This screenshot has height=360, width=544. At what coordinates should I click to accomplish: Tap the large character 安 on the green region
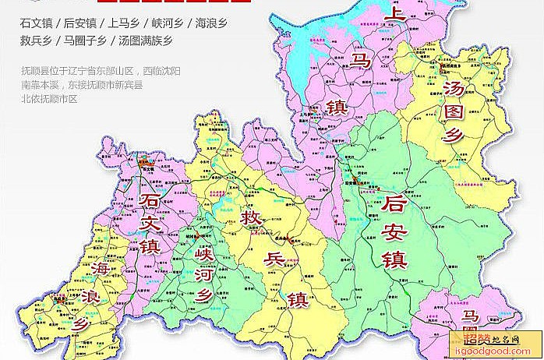[x=396, y=231]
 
